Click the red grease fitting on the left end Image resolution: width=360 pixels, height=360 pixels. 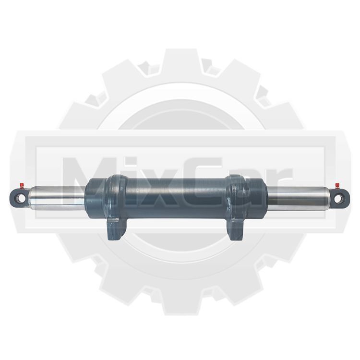pos(22,185)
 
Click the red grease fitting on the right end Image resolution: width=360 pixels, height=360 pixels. pos(337,185)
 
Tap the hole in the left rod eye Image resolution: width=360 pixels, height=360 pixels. pos(21,198)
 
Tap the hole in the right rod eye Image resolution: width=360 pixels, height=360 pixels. pos(338,199)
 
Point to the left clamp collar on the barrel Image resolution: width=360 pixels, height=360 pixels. pos(116,197)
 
